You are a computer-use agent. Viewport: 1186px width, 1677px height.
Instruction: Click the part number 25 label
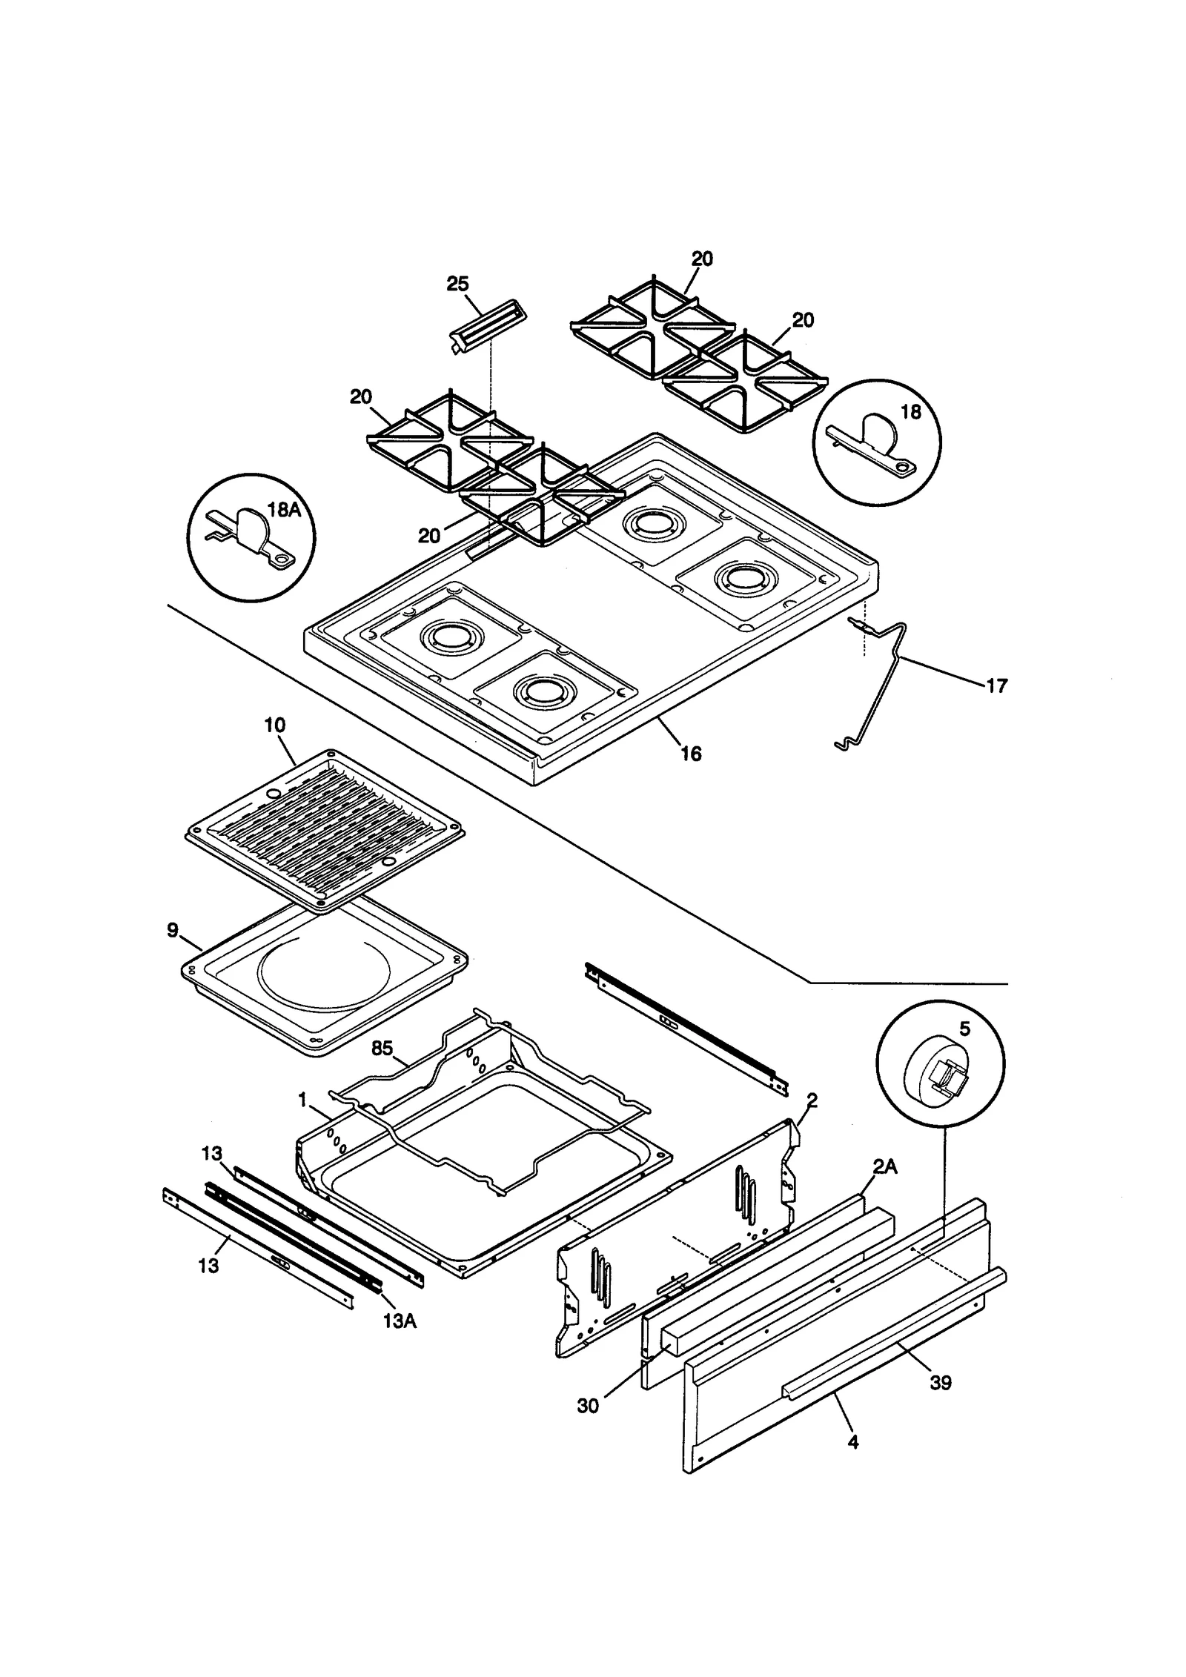[457, 284]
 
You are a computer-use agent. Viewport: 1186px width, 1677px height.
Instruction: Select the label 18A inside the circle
[284, 509]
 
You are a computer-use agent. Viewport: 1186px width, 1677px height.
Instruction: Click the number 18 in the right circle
[910, 412]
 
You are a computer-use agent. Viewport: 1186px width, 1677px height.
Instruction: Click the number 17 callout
[997, 686]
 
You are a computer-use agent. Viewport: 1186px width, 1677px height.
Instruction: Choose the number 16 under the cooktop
[691, 754]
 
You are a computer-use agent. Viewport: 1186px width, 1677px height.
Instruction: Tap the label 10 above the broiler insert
[274, 725]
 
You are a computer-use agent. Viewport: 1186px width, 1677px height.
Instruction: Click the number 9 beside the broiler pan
[173, 930]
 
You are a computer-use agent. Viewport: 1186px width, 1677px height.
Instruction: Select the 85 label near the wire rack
[382, 1049]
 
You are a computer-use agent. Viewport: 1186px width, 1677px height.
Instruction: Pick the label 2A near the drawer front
[884, 1166]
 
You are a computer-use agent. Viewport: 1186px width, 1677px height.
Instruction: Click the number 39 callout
[940, 1383]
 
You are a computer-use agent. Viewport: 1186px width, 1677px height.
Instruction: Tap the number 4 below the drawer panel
[853, 1442]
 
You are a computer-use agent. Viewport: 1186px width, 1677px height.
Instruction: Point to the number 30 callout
[588, 1406]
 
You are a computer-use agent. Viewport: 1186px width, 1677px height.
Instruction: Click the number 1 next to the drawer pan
[302, 1100]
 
